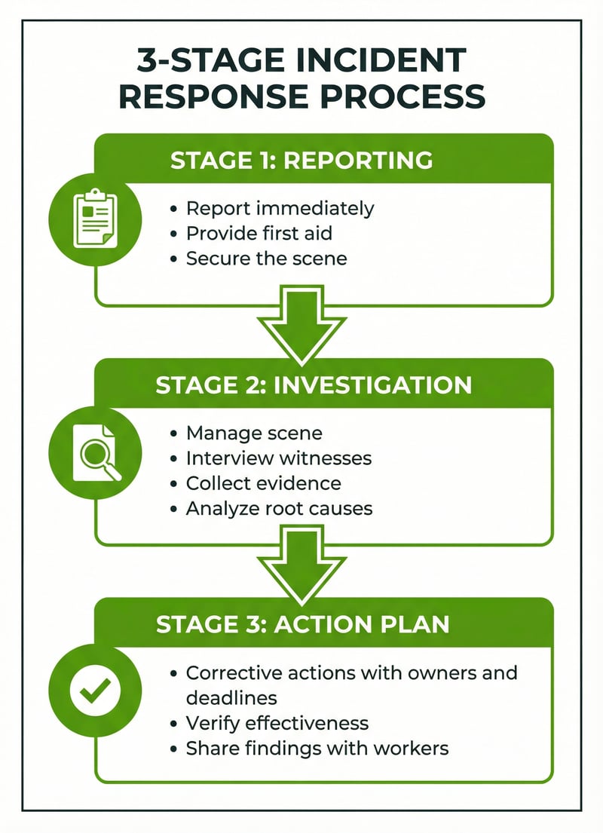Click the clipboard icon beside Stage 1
click(95, 219)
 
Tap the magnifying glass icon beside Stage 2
click(95, 453)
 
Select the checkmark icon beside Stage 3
click(95, 690)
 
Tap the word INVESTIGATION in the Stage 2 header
click(372, 384)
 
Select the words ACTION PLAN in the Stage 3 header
click(366, 623)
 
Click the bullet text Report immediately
click(280, 208)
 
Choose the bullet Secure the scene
click(266, 259)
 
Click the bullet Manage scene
click(254, 433)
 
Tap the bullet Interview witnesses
click(279, 458)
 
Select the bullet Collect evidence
click(263, 482)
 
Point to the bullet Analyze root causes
click(279, 508)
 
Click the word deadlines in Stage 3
click(229, 697)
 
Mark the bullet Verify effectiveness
click(277, 723)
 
